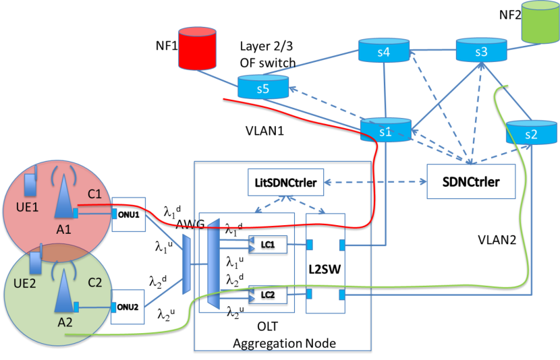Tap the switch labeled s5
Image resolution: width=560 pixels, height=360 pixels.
click(x=262, y=86)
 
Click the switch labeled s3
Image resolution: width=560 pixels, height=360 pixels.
click(x=480, y=50)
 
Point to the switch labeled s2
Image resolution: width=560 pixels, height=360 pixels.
click(x=530, y=132)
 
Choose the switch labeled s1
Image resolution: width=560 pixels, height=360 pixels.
click(x=385, y=130)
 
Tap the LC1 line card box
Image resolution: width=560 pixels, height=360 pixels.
click(x=269, y=243)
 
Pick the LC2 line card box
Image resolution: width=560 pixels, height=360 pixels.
click(x=269, y=294)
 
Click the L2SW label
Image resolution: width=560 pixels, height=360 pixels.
click(x=326, y=268)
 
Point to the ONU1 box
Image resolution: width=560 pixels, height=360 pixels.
click(x=128, y=214)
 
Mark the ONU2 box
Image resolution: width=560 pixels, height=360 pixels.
click(x=128, y=307)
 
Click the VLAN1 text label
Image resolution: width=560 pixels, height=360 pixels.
click(x=264, y=130)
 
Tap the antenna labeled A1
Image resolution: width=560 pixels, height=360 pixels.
click(x=65, y=196)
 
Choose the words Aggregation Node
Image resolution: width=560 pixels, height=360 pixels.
click(x=284, y=344)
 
